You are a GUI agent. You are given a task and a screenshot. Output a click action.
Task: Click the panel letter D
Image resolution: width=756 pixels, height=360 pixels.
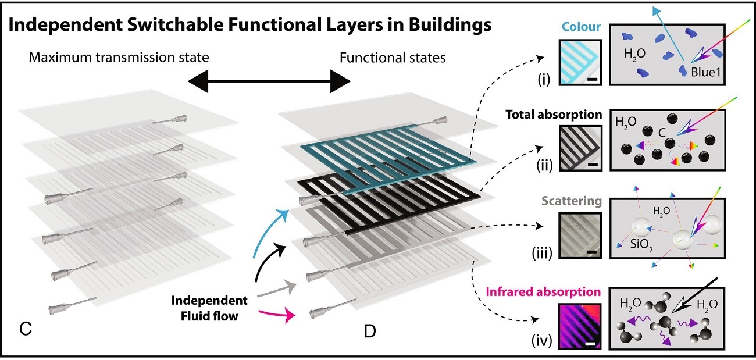(370, 331)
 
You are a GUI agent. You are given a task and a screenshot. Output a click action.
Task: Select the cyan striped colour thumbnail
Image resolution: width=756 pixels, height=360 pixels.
(577, 62)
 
